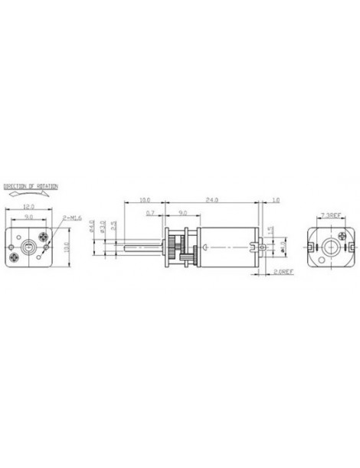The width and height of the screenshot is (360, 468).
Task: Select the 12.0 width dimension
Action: [x=28, y=206]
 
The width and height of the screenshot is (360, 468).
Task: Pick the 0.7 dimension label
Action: [x=149, y=211]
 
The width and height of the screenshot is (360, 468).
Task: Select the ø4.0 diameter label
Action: [x=92, y=227]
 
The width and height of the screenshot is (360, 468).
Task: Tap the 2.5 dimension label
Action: [x=113, y=227]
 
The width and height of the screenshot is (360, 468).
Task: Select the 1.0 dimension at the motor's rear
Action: [x=275, y=200]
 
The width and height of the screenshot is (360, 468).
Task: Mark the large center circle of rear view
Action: [x=331, y=247]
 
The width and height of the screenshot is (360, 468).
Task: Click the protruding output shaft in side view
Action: [x=142, y=248]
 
